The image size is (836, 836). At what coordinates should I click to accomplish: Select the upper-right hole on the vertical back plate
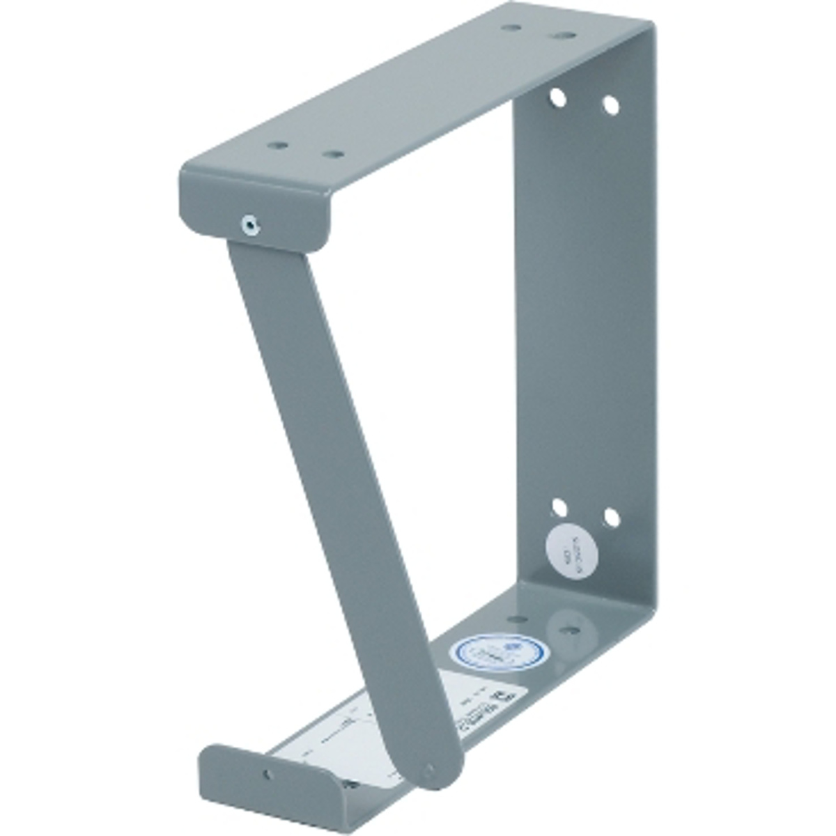(x=610, y=105)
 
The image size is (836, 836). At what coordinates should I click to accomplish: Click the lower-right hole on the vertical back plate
(x=610, y=517)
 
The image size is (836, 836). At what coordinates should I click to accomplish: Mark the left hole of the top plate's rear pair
(x=512, y=29)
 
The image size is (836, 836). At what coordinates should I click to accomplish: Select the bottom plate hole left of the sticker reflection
(x=517, y=619)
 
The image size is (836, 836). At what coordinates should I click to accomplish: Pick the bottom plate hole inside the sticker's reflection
(x=569, y=628)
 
